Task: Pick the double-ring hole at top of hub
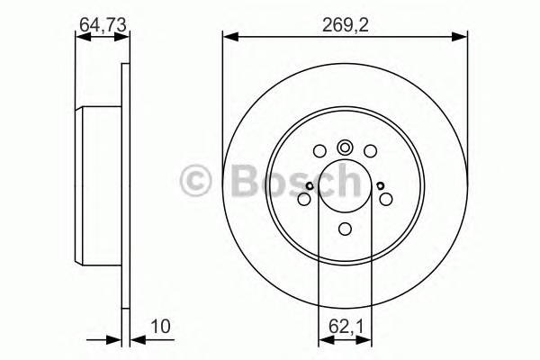pyautogui.click(x=345, y=148)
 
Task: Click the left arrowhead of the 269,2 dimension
pyautogui.click(x=229, y=36)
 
